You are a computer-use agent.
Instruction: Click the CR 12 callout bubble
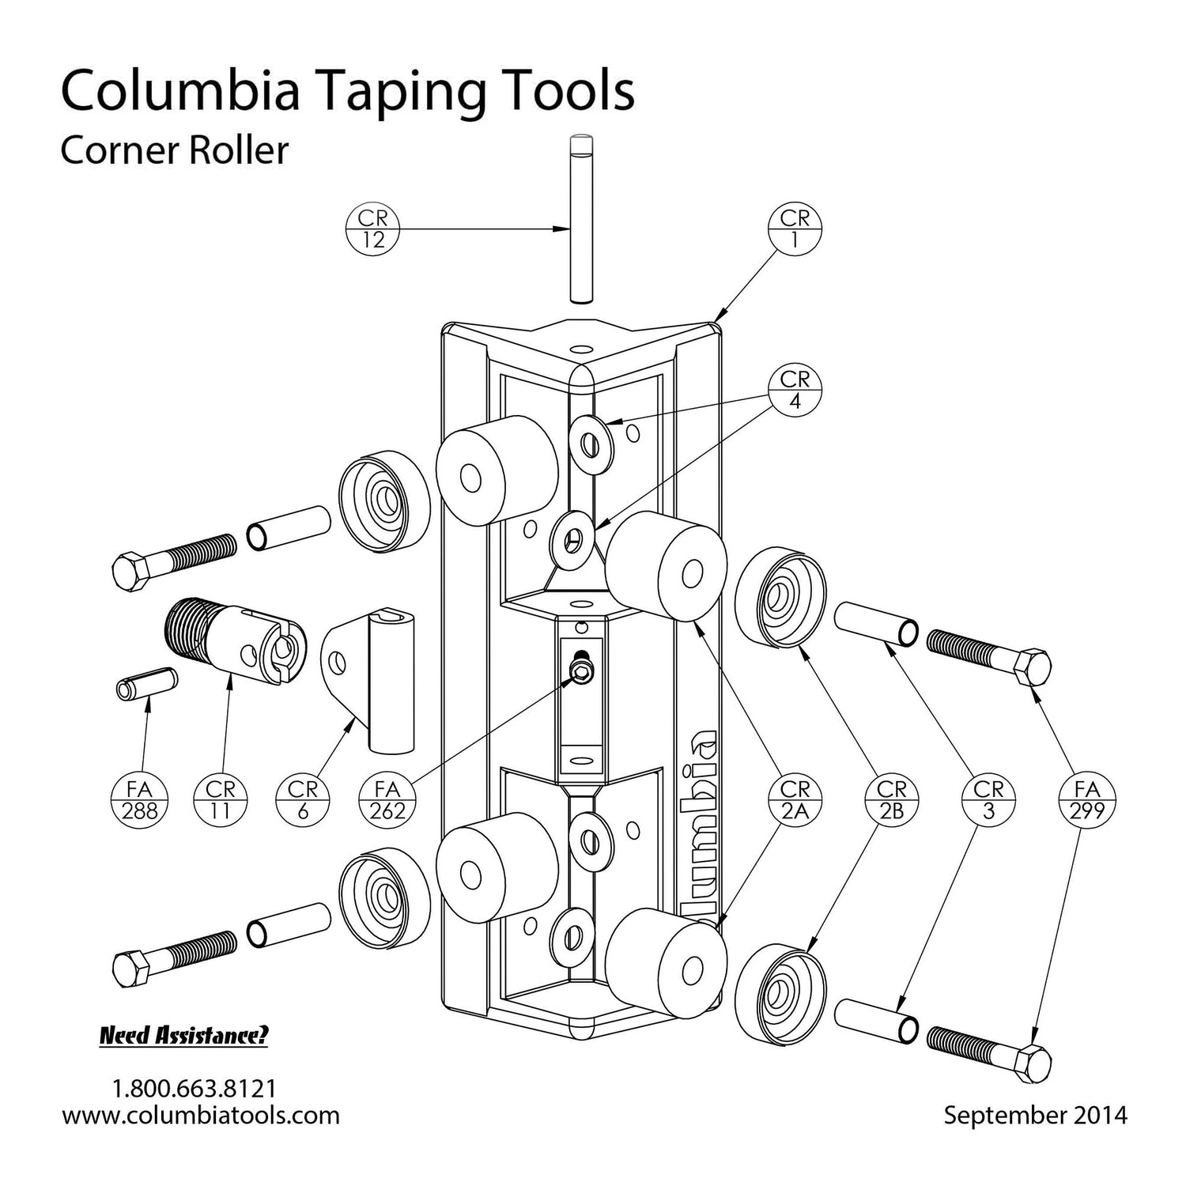click(372, 229)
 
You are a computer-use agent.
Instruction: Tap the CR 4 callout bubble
click(795, 391)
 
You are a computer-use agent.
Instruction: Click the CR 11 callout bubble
click(221, 800)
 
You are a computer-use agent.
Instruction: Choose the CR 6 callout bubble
click(303, 800)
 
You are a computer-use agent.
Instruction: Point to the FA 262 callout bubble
click(387, 800)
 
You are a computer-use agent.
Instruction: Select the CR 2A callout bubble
click(795, 800)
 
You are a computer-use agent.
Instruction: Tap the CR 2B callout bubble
click(891, 800)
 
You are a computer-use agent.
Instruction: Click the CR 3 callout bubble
click(988, 800)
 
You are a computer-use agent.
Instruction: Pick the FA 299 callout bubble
click(1087, 800)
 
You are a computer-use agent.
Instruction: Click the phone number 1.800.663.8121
click(195, 1088)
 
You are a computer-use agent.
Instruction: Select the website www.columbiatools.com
click(201, 1115)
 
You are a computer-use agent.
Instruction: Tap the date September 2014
click(1035, 1115)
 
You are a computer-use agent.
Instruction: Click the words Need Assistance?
click(183, 1036)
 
